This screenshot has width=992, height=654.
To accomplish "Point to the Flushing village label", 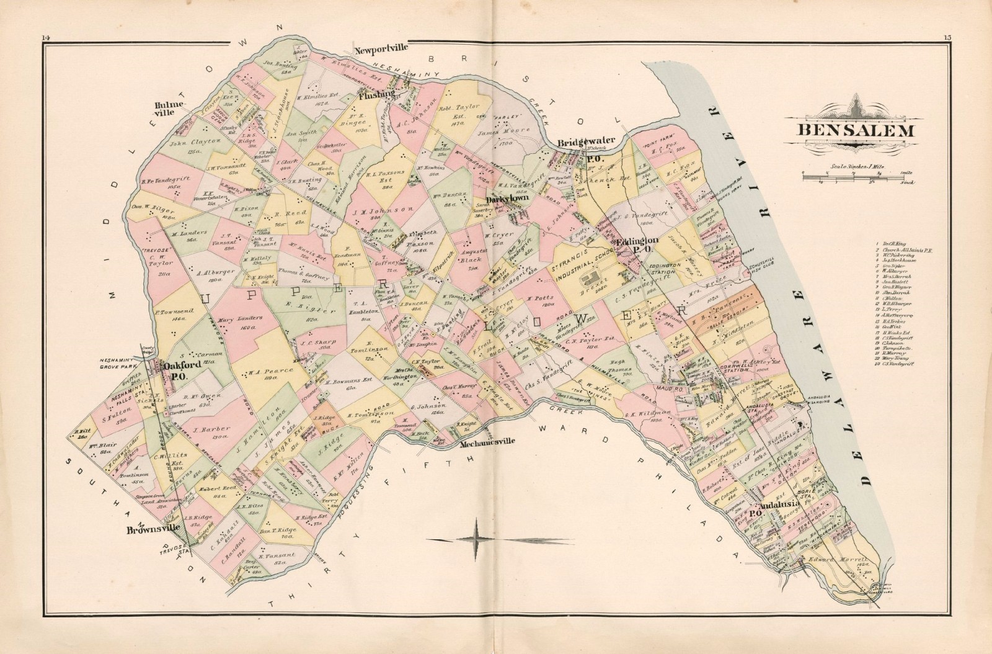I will click(376, 94).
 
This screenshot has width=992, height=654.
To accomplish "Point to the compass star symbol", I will click(476, 538).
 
